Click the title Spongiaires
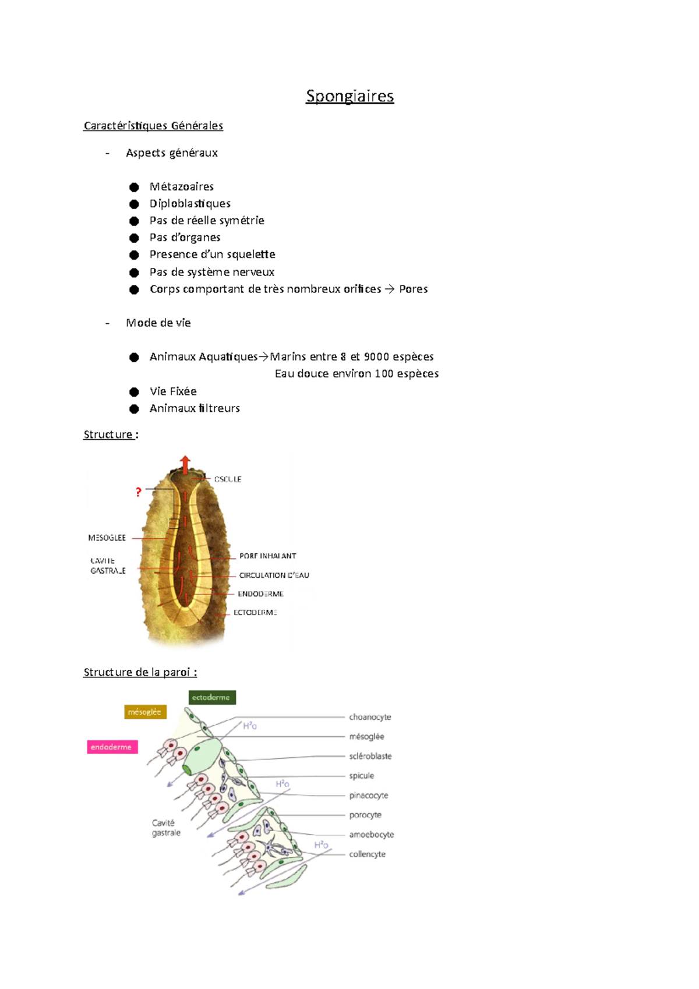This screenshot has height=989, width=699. click(x=349, y=96)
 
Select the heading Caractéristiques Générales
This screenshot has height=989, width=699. click(x=153, y=126)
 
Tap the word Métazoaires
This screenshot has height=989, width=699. click(x=182, y=187)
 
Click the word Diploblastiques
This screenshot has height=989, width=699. click(x=190, y=204)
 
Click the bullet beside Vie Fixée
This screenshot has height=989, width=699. click(x=134, y=392)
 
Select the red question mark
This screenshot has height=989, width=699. click(x=138, y=492)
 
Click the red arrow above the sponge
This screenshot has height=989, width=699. click(x=185, y=464)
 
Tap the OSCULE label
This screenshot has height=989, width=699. click(x=228, y=479)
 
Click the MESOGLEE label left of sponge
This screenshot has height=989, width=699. click(x=107, y=538)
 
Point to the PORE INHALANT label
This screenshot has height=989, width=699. click(x=267, y=556)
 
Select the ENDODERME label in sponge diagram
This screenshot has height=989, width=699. click(x=260, y=594)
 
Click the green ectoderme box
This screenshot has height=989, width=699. click(x=212, y=697)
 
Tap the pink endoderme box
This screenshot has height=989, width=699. click(x=112, y=747)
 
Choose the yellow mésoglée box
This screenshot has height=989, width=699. click(x=145, y=712)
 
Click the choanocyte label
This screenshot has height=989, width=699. click(x=370, y=718)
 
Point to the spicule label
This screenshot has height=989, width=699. click(x=362, y=776)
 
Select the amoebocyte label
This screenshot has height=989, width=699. click(x=372, y=835)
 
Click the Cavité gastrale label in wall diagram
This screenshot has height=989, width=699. click(x=166, y=828)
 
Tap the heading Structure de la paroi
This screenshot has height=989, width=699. click(x=140, y=673)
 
